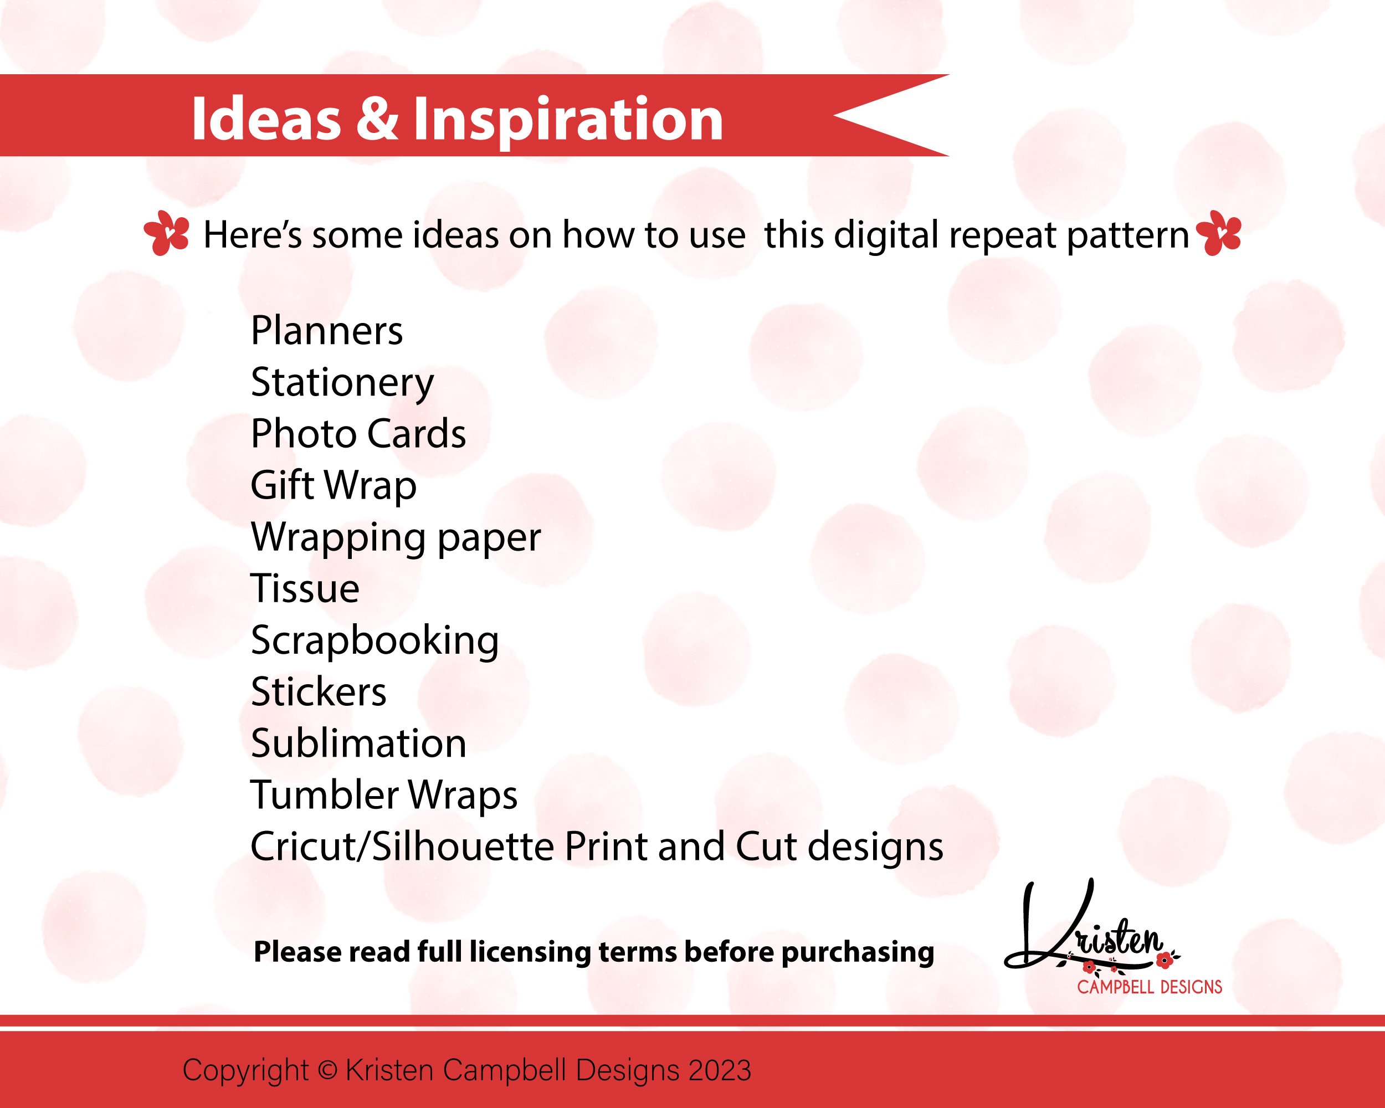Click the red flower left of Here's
click(x=166, y=233)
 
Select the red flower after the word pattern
click(x=1220, y=233)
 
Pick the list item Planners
click(x=326, y=331)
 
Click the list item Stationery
click(x=342, y=383)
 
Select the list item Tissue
click(x=305, y=588)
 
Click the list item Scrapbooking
click(x=375, y=641)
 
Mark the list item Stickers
click(x=319, y=692)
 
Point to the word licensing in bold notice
click(x=530, y=952)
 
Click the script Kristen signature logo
click(x=1086, y=931)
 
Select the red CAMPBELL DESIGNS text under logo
click(x=1149, y=987)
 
